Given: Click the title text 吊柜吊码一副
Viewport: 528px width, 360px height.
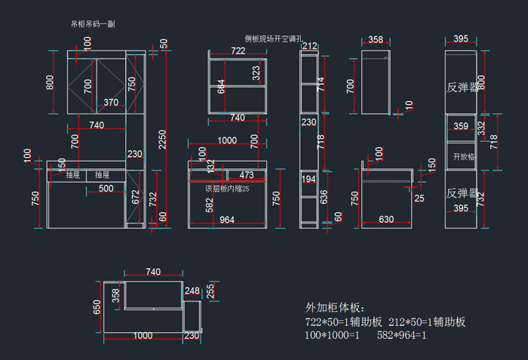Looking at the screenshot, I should [x=92, y=23].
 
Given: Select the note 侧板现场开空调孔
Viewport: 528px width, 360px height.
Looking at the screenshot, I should [x=273, y=38].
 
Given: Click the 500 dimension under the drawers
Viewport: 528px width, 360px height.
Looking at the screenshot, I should [x=106, y=188].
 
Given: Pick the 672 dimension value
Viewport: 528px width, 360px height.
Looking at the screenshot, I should [x=136, y=198].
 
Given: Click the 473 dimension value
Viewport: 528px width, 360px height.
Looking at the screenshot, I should [x=246, y=174].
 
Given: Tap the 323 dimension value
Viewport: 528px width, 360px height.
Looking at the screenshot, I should [x=256, y=72].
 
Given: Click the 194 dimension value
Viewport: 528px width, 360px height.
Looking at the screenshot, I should [x=309, y=179].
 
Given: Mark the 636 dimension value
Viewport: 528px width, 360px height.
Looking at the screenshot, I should [x=324, y=197].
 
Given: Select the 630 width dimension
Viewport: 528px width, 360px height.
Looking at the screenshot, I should [x=385, y=220].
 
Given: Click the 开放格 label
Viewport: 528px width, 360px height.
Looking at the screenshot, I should [x=462, y=157].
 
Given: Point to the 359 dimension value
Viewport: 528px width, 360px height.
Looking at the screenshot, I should [x=460, y=127].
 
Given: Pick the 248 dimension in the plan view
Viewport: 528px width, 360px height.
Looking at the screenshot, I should [x=192, y=291].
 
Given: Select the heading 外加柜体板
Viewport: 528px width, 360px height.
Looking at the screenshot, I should [x=335, y=308].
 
